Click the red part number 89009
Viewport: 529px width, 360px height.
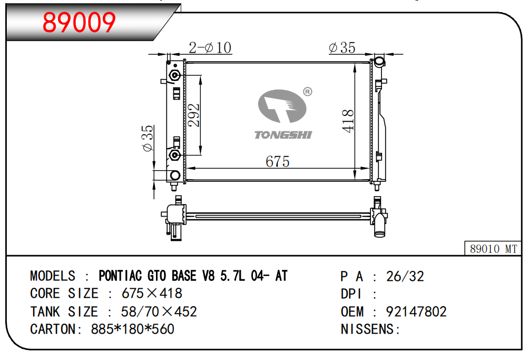click(x=79, y=22)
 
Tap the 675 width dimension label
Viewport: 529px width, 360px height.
click(x=277, y=161)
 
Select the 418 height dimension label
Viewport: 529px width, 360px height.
click(x=348, y=121)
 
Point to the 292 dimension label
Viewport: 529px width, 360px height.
click(x=194, y=115)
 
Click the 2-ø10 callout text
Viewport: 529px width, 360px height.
click(x=210, y=47)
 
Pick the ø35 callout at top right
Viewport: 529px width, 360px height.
click(x=342, y=47)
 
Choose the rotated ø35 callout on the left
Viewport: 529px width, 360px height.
click(x=148, y=138)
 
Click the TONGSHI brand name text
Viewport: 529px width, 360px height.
click(x=283, y=135)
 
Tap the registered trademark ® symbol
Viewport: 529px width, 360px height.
click(x=307, y=91)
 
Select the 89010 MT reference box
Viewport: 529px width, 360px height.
click(x=493, y=248)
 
